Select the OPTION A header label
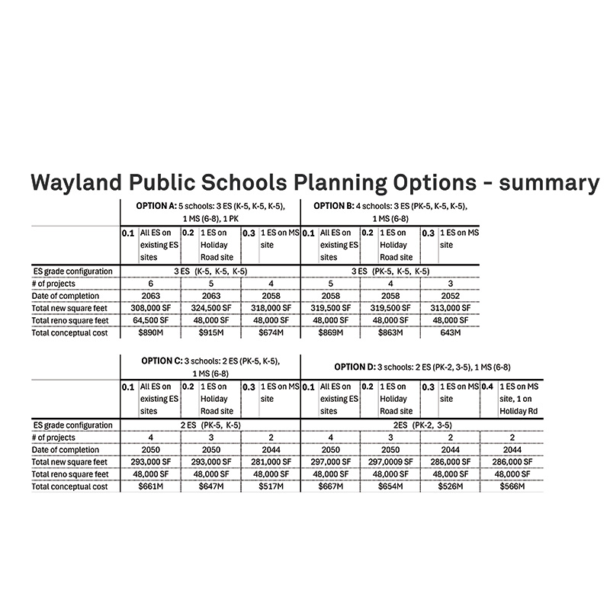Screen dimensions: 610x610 pyautogui.click(x=156, y=206)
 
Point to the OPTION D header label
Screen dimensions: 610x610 pyautogui.click(x=359, y=367)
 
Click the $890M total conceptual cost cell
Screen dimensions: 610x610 pyautogui.click(x=149, y=333)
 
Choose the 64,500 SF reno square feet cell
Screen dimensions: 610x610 pyautogui.click(x=149, y=321)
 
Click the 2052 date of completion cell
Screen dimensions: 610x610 pyautogui.click(x=450, y=296)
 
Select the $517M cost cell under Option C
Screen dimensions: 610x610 pyautogui.click(x=270, y=486)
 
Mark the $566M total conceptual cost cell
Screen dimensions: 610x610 pyautogui.click(x=510, y=486)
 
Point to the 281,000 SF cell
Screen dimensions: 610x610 pyautogui.click(x=270, y=462)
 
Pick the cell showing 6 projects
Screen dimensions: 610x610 pyautogui.click(x=149, y=284)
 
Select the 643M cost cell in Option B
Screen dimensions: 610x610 pyautogui.click(x=450, y=333)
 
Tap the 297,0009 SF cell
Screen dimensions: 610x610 pyautogui.click(x=391, y=462)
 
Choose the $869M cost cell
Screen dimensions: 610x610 pyautogui.click(x=332, y=333)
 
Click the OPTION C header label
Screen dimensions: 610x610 pyautogui.click(x=162, y=361)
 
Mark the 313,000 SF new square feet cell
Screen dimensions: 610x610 pyautogui.click(x=450, y=308)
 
